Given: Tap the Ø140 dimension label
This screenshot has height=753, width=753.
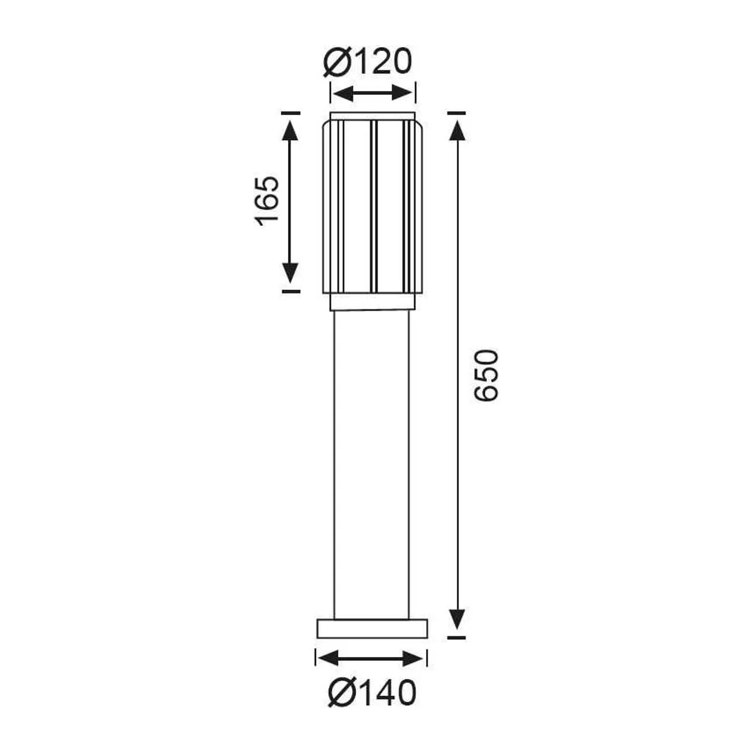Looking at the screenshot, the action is click(372, 693).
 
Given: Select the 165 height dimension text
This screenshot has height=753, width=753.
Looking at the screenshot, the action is click(267, 201).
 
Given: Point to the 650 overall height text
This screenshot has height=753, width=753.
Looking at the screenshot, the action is click(486, 375).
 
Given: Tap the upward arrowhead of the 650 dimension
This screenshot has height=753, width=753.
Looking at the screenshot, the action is click(457, 130).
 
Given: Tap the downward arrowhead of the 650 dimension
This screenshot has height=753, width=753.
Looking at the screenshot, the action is click(457, 630).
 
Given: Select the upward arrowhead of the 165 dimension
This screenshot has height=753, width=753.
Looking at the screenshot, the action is click(289, 130).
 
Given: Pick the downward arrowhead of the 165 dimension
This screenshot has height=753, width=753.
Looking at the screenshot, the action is click(289, 273).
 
